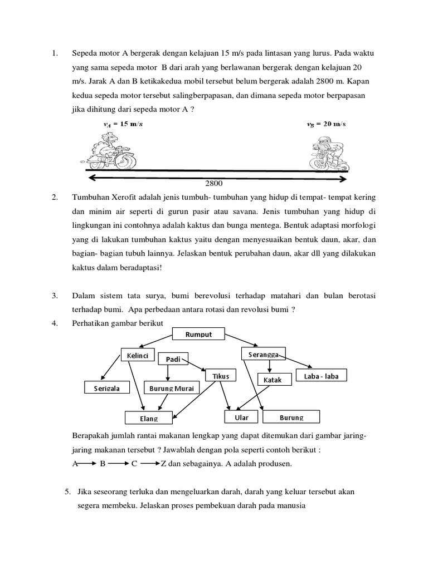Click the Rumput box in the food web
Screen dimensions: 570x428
pyautogui.click(x=199, y=334)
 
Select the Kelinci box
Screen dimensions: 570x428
pyautogui.click(x=137, y=355)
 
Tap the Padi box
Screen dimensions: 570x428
pyautogui.click(x=173, y=359)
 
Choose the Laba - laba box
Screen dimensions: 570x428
pyautogui.click(x=321, y=376)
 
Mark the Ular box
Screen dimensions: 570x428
pyautogui.click(x=241, y=417)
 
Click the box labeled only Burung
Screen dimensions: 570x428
pyautogui.click(x=291, y=417)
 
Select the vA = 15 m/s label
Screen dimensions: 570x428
pyautogui.click(x=123, y=125)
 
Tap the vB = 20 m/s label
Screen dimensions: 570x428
pyautogui.click(x=326, y=124)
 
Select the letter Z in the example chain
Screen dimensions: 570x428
pyautogui.click(x=163, y=463)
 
